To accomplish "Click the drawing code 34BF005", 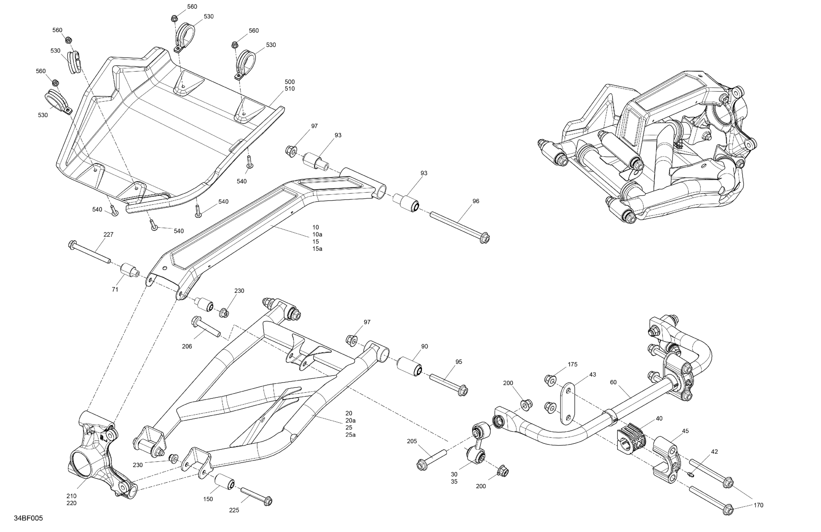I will tap(28, 518).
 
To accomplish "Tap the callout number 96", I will tap(476, 201).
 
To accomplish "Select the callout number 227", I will tap(108, 234).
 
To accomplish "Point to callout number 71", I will tap(115, 289).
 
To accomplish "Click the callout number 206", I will tap(187, 346).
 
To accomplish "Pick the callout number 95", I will tap(458, 362).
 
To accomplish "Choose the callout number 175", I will tap(572, 365).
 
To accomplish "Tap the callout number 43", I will tap(592, 375).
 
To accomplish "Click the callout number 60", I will tap(613, 382).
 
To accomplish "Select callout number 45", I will tap(685, 431).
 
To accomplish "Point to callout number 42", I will tap(715, 452).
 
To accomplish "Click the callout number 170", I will tap(758, 505).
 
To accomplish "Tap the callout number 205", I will tap(412, 441).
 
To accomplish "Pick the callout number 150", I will tap(208, 499).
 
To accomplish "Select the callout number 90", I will tap(424, 346).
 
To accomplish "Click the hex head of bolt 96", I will tap(485, 238).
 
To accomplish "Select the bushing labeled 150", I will tap(225, 481).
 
